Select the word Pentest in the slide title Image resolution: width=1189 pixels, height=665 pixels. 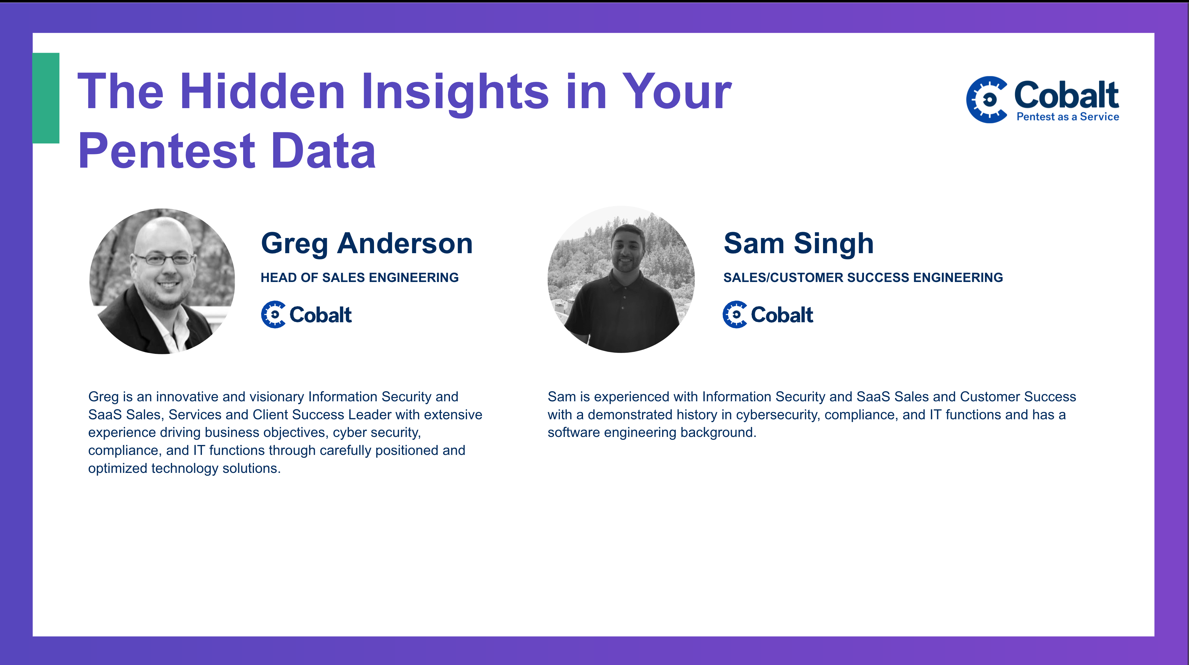coord(167,150)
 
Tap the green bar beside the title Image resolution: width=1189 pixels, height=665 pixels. coord(46,98)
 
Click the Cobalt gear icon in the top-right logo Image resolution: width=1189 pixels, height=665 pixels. coord(987,99)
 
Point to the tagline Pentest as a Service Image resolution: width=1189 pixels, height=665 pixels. coord(1068,117)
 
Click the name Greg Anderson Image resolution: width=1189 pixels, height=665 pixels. coord(367,244)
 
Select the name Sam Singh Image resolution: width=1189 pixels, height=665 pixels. coord(799,244)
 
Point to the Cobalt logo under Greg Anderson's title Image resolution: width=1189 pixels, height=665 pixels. coord(306,315)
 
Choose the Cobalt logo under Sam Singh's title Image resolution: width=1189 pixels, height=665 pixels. coord(768,315)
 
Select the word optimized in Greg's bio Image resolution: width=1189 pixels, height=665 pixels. coord(118,469)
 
